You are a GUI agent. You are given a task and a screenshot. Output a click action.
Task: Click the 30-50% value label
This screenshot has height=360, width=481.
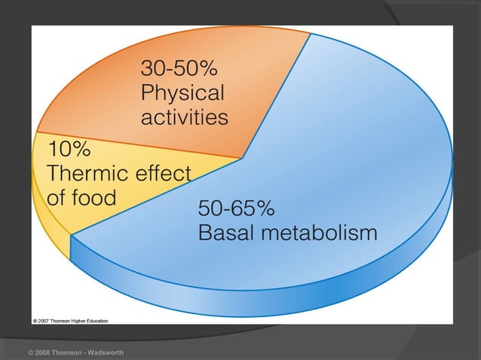click(179, 69)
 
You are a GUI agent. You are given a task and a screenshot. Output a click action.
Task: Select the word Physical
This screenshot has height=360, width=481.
click(182, 93)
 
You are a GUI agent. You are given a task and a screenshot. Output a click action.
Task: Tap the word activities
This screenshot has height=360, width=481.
click(185, 117)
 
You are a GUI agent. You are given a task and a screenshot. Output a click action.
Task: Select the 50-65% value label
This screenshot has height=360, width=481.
click(236, 208)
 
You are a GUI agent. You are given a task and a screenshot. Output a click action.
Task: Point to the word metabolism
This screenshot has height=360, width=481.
click(317, 233)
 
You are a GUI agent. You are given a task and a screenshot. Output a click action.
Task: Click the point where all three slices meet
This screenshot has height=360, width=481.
click(243, 157)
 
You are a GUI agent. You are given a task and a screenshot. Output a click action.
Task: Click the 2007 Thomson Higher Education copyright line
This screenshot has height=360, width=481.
click(70, 320)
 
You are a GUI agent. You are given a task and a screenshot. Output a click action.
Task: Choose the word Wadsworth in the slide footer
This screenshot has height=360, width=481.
click(103, 352)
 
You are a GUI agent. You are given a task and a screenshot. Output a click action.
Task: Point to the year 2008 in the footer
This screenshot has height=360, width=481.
click(44, 352)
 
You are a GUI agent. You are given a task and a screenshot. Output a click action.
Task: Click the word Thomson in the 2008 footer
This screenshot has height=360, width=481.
click(67, 352)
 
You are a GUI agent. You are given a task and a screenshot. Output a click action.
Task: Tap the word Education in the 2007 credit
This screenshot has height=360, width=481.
click(95, 320)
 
